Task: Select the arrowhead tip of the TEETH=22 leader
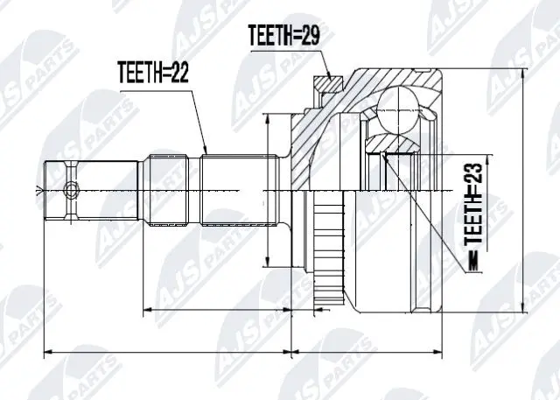(207, 154)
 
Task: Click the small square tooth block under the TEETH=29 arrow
(326, 86)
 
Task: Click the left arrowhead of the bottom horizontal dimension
(45, 353)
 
